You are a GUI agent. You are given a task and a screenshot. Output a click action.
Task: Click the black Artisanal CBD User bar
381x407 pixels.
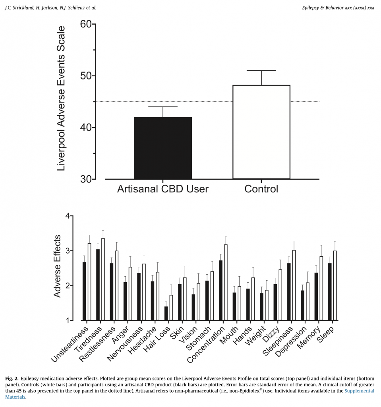pos(163,148)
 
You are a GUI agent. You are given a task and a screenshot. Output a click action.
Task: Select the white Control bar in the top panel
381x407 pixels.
pos(261,132)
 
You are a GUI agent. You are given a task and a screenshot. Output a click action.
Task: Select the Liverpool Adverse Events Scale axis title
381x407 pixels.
pos(60,99)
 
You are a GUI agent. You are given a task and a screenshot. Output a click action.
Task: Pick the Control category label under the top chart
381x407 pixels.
pos(261,189)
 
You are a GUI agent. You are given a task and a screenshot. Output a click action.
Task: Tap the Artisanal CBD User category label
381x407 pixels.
pos(163,189)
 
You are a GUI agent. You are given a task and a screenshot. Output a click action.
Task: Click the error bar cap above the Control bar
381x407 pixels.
pos(261,71)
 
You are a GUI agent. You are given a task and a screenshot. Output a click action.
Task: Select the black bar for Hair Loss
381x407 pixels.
pos(166,313)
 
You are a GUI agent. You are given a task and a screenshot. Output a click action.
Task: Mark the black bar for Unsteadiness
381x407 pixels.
pos(84,291)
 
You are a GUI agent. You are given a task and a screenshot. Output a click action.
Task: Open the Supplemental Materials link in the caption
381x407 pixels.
pos(359,391)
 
